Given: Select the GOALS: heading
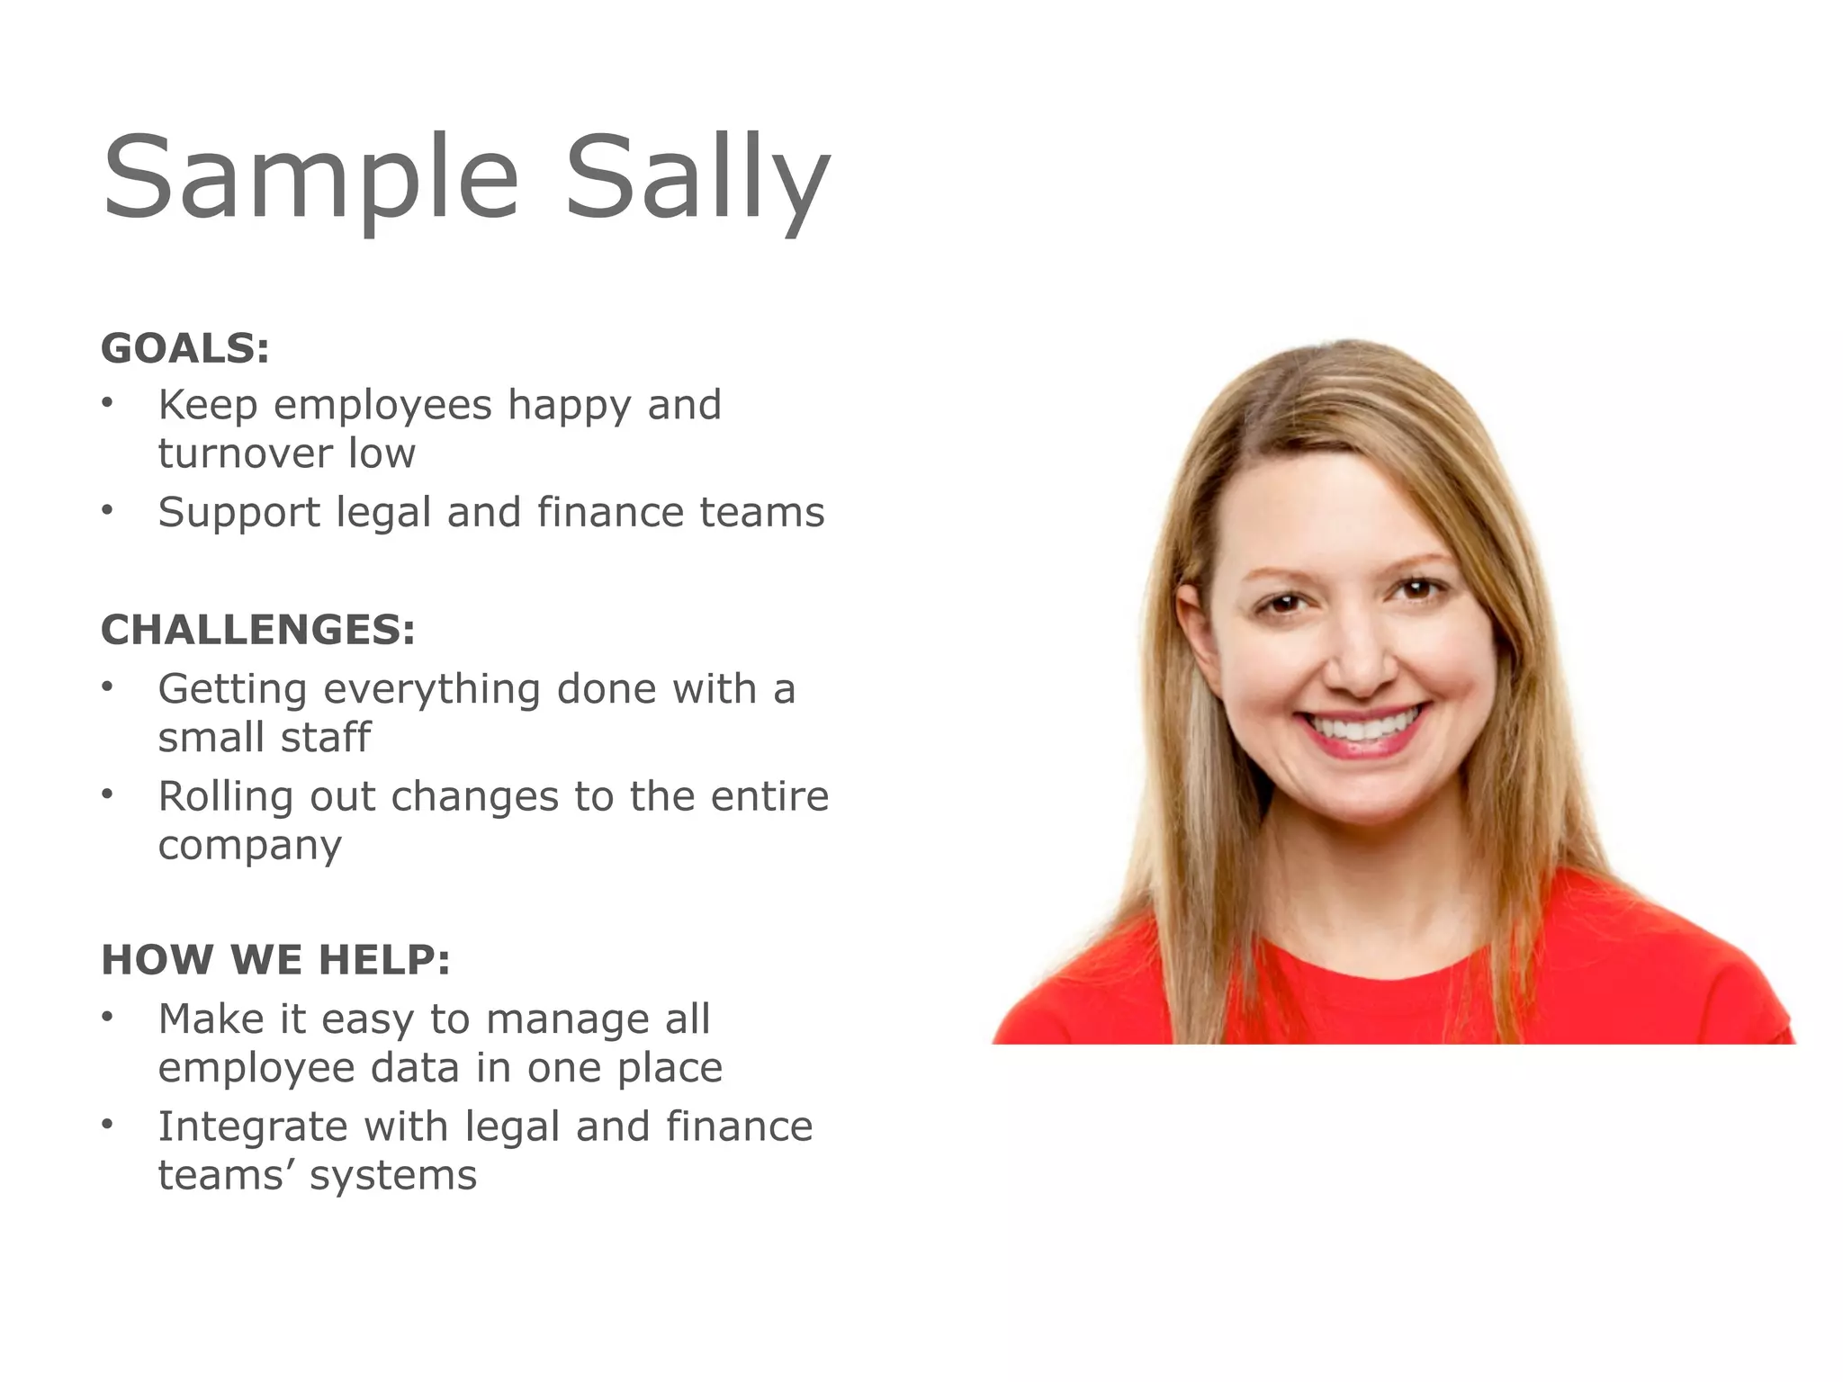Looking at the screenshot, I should click(x=185, y=348).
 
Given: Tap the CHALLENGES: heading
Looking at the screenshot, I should click(x=258, y=630).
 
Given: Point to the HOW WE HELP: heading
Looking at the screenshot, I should click(x=275, y=960).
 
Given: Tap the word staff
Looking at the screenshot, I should click(x=325, y=737).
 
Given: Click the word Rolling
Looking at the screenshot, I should click(x=226, y=796).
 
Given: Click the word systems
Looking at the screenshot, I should click(x=393, y=1176).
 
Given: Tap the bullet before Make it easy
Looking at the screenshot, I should click(x=108, y=1017).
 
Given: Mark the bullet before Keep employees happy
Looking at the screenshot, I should click(x=108, y=402).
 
